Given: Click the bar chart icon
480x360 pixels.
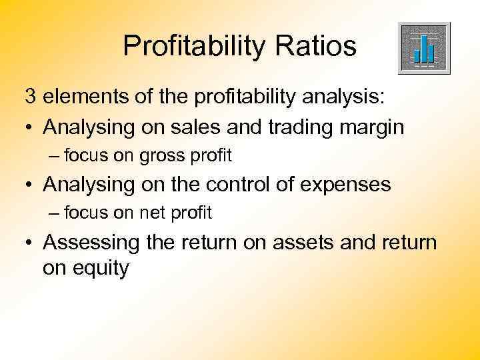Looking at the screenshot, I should (x=423, y=47).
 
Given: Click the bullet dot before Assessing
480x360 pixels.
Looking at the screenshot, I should (x=31, y=242).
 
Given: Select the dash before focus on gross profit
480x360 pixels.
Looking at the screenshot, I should (x=54, y=156).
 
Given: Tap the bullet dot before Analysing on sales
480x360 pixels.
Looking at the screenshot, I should (x=31, y=127).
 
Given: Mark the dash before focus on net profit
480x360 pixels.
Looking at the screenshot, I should (x=54, y=213).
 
